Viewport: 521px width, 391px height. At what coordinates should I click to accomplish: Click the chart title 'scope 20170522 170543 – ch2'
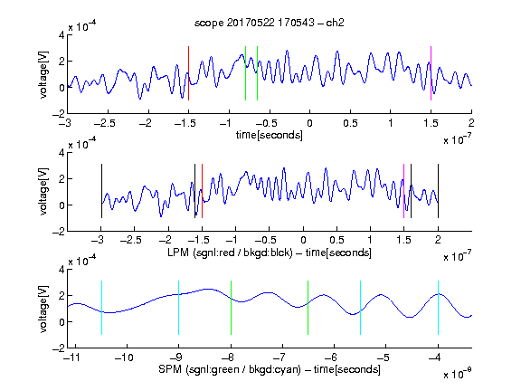click(270, 23)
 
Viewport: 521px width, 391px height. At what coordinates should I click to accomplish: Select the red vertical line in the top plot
click(188, 73)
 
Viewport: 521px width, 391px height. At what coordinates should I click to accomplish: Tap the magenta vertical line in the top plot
click(431, 73)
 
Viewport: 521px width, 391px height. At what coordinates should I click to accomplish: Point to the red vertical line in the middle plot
click(202, 191)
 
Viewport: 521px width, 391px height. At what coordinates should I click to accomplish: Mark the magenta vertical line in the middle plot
click(403, 191)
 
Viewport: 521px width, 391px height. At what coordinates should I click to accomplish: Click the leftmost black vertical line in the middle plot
click(101, 191)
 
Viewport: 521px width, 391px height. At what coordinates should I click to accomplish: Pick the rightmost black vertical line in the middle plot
click(438, 191)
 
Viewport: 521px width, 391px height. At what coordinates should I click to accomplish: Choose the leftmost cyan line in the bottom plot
click(101, 308)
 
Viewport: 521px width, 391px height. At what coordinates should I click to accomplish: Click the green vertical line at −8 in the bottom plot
click(231, 308)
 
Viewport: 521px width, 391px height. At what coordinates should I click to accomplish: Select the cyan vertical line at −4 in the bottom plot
click(438, 308)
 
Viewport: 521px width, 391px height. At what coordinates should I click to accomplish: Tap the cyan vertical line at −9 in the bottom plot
click(179, 308)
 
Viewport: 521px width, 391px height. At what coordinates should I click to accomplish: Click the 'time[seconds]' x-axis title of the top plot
click(270, 135)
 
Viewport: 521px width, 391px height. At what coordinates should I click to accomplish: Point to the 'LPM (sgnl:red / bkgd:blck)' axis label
click(230, 253)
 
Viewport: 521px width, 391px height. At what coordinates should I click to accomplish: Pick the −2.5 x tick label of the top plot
click(104, 123)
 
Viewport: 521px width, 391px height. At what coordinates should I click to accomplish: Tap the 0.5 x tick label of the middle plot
click(336, 240)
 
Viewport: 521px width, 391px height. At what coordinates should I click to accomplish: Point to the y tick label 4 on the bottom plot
click(62, 270)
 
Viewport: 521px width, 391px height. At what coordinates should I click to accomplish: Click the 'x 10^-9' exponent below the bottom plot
click(457, 374)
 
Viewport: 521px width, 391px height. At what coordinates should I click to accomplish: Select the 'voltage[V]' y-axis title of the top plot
click(43, 74)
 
